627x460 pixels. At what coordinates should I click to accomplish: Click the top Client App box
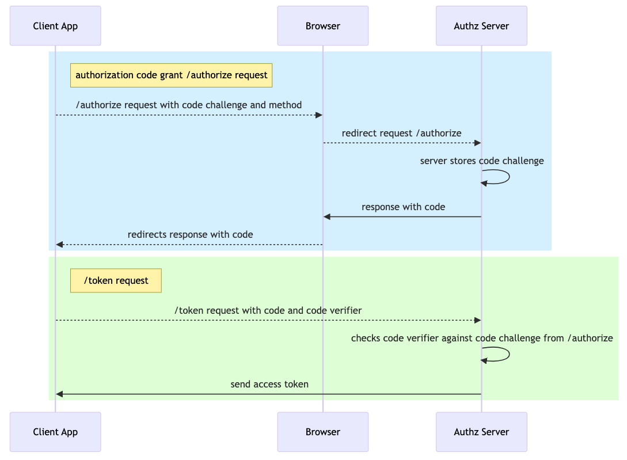click(55, 26)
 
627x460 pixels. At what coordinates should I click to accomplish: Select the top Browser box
click(322, 26)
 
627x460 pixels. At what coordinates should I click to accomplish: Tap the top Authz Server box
click(481, 26)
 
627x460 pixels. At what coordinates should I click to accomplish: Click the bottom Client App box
click(55, 432)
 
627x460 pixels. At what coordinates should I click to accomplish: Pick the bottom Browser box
click(322, 432)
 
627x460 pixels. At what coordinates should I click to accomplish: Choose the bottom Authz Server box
click(481, 432)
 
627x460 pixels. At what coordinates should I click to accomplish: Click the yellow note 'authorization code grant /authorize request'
click(171, 75)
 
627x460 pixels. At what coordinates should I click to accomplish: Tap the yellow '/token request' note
click(116, 280)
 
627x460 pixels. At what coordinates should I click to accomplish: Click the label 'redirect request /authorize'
click(401, 133)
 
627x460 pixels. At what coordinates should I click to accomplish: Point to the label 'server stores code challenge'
click(482, 161)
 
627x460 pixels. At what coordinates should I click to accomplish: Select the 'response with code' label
click(403, 207)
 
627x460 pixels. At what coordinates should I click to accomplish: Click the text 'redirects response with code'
click(190, 234)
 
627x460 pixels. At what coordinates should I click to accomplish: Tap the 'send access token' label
click(269, 384)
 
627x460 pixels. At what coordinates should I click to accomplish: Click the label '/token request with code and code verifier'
click(268, 310)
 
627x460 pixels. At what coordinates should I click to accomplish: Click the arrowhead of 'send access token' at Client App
click(59, 394)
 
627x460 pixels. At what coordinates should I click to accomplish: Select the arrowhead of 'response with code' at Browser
click(327, 217)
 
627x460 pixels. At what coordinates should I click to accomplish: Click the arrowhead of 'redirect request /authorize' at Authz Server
click(477, 143)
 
